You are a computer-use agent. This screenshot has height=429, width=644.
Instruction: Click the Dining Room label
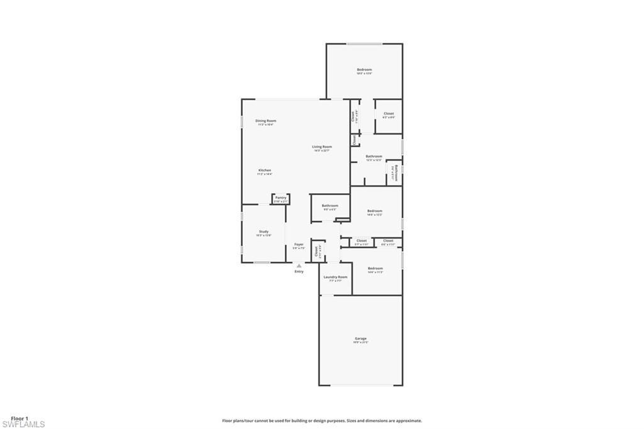[265, 121]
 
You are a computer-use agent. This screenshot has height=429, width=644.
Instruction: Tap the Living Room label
[322, 147]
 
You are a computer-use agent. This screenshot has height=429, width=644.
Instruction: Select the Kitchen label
[265, 171]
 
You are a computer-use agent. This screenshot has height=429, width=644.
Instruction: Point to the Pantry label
[280, 198]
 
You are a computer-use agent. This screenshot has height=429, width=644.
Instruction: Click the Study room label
[264, 231]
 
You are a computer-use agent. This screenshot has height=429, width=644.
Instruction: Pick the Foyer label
[299, 244]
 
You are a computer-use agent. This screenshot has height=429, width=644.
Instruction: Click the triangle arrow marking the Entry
[299, 265]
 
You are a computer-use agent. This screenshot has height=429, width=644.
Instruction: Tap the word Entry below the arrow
[299, 272]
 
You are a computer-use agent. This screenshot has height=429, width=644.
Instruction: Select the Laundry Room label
[335, 277]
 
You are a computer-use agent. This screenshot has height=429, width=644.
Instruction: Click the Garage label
[360, 338]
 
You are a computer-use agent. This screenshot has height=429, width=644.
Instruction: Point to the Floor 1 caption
[19, 418]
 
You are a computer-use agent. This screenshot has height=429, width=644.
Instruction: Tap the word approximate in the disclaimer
[408, 421]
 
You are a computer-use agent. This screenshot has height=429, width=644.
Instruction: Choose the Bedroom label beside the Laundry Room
[375, 268]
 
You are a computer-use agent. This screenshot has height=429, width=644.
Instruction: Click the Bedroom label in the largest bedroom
[364, 70]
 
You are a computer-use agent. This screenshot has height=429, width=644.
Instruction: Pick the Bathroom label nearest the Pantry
[330, 206]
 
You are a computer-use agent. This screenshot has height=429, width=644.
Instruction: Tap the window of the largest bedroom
[365, 43]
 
